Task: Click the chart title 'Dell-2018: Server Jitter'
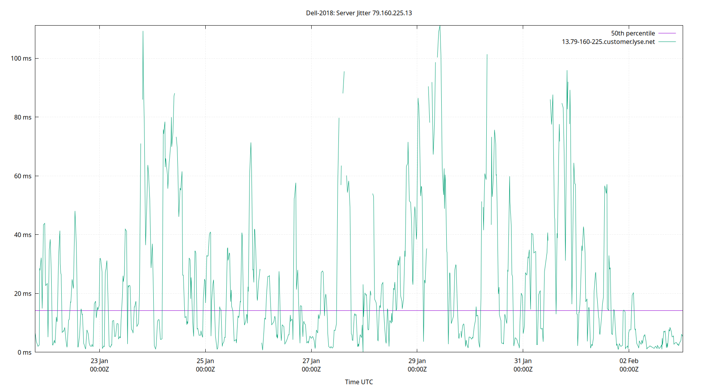(x=338, y=13)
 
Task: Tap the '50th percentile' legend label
(x=633, y=33)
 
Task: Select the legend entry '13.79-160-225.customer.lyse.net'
(x=608, y=42)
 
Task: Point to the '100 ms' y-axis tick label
(x=21, y=59)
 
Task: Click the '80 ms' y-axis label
(x=23, y=117)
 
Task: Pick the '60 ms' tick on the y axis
(x=23, y=176)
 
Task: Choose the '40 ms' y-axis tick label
(x=23, y=235)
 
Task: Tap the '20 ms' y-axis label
(x=23, y=294)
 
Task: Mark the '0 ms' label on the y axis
(x=24, y=352)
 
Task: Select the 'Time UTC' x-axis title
(x=359, y=382)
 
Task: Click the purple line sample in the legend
(x=667, y=33)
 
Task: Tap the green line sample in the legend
(x=667, y=42)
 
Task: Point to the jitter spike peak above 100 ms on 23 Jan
(x=143, y=32)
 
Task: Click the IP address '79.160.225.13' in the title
(x=392, y=13)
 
